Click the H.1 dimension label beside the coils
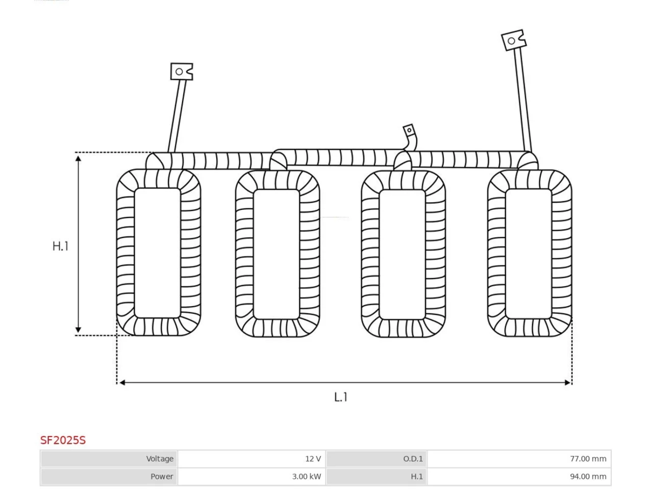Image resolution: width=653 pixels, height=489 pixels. click(60, 246)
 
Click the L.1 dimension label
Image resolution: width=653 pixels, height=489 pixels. click(341, 397)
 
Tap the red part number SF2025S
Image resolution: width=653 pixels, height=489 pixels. click(63, 440)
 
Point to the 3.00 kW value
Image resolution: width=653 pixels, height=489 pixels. click(307, 477)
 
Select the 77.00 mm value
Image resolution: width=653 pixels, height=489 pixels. click(588, 459)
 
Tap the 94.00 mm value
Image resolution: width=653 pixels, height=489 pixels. click(588, 477)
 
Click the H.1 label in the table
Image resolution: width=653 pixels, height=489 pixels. click(416, 477)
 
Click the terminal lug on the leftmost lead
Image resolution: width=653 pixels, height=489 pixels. click(182, 71)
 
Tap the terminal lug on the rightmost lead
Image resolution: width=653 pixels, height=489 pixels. click(514, 40)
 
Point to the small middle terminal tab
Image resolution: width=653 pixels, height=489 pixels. click(409, 130)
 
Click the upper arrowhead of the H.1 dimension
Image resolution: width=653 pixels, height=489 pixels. click(78, 158)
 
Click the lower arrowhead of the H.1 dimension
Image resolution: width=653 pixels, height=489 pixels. click(78, 330)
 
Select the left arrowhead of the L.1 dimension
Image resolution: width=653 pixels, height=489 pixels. click(122, 383)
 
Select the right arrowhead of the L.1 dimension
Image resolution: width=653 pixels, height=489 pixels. click(568, 383)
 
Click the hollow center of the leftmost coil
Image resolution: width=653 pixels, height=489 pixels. click(157, 253)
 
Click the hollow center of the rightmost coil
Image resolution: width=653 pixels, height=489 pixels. click(529, 254)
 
